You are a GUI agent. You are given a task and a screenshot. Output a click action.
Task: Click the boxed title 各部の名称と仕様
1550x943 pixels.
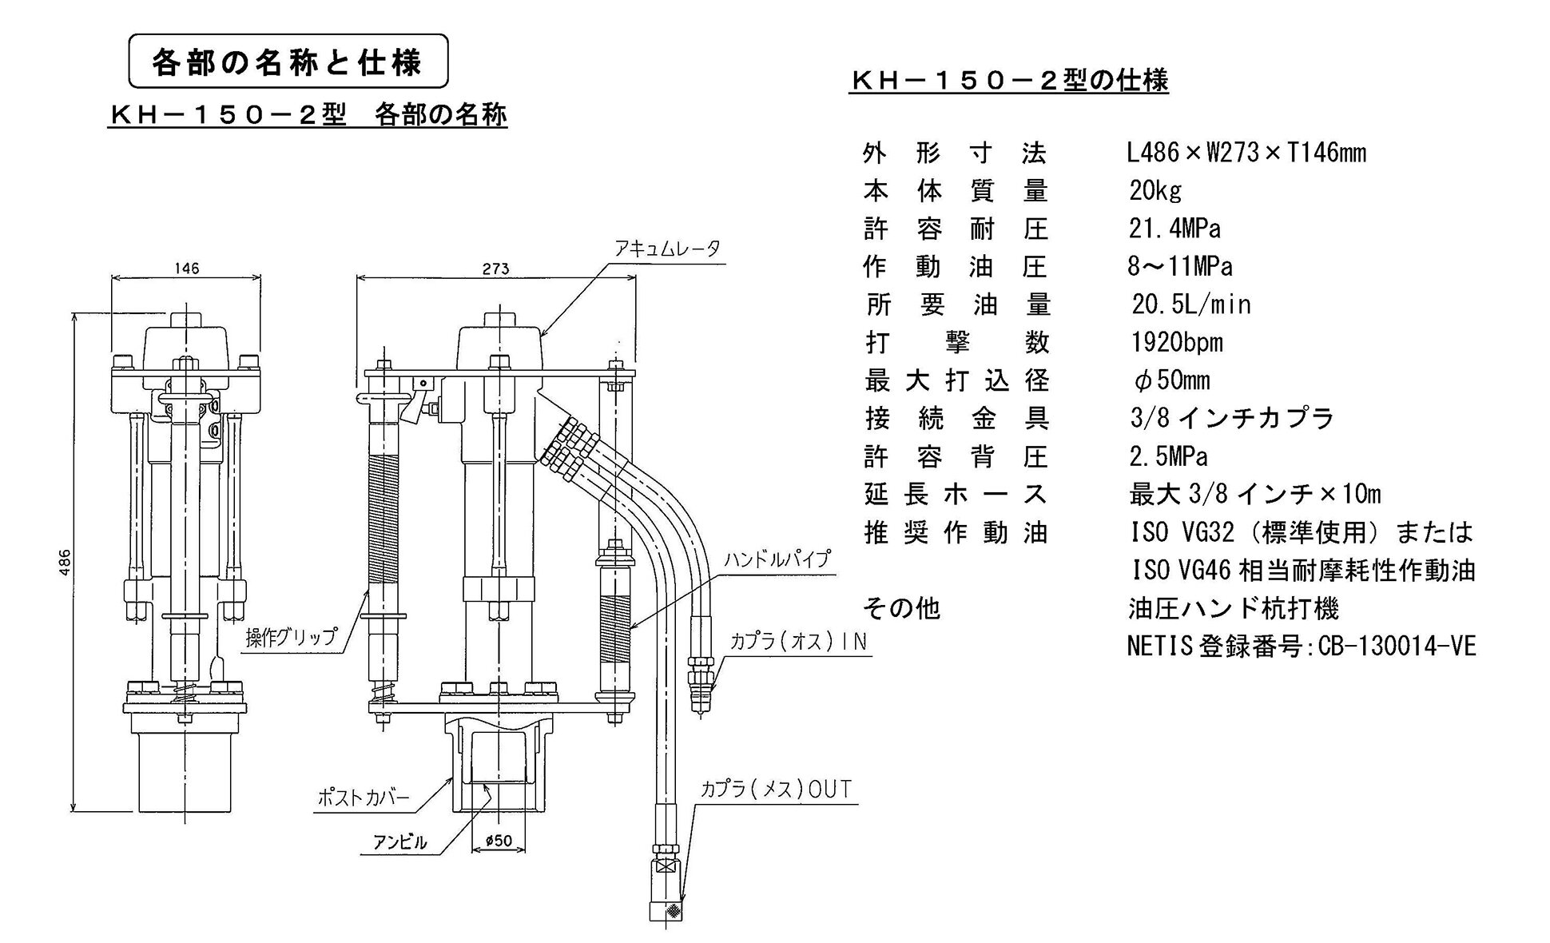[288, 62]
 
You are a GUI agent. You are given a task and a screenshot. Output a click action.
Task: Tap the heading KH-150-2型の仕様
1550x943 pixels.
[1008, 81]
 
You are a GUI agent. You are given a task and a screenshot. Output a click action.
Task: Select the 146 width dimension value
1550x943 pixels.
[186, 269]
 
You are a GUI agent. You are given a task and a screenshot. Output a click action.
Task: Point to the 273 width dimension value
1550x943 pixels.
[495, 269]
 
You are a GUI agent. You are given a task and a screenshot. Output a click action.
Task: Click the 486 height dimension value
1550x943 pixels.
[66, 561]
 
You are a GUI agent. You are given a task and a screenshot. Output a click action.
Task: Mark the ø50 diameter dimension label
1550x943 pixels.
[499, 841]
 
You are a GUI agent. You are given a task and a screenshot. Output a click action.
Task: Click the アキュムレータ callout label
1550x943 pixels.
[666, 249]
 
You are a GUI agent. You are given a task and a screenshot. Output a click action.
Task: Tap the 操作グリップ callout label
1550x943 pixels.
[291, 638]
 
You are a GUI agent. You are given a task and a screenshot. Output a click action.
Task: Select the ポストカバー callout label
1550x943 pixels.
[364, 798]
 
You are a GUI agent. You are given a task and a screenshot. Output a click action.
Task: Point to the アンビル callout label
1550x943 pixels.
[399, 842]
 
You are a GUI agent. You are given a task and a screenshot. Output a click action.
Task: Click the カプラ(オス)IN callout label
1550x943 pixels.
[797, 643]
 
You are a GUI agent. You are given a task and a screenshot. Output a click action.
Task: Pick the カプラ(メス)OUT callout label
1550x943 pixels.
[776, 790]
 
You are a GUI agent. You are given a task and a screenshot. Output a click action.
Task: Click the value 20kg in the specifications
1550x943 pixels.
[1155, 191]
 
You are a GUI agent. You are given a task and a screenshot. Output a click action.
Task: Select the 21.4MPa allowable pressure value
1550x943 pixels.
[1174, 229]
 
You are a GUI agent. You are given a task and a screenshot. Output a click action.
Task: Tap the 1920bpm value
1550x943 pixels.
[1176, 343]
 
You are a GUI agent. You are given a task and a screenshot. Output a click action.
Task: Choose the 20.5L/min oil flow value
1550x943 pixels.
[1190, 304]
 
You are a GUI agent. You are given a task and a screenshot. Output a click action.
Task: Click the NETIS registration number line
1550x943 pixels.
[1301, 646]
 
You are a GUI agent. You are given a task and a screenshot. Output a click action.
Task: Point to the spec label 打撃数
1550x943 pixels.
[956, 343]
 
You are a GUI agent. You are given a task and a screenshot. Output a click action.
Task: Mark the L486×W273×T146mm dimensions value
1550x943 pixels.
[1246, 153]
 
